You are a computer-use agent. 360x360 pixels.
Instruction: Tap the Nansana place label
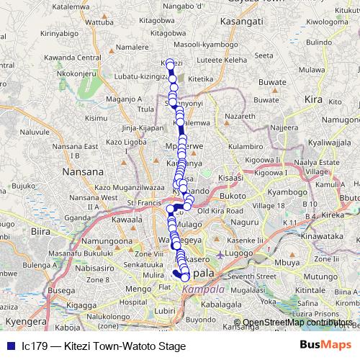point(84,172)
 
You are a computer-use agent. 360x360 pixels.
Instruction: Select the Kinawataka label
point(319,235)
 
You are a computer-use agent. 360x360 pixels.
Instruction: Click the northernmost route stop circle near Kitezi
point(171,63)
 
